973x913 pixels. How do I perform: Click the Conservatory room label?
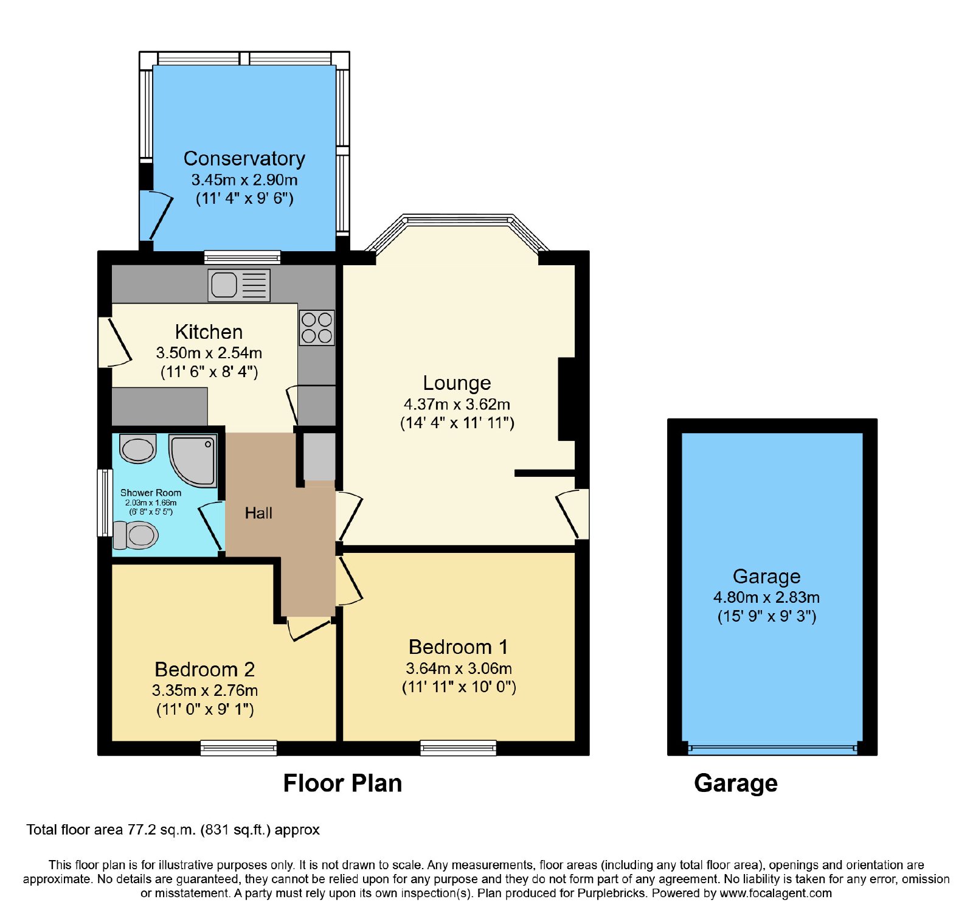(244, 158)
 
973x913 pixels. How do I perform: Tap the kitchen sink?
(239, 285)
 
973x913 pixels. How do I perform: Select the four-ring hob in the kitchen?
(317, 328)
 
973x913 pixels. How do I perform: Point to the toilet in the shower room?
(136, 535)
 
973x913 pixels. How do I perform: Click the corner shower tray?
(193, 460)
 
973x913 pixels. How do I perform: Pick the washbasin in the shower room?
(138, 449)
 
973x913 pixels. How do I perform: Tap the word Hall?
(258, 513)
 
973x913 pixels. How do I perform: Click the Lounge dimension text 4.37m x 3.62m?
(457, 404)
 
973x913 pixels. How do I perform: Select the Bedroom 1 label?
(459, 647)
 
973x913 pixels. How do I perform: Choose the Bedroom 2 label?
(205, 669)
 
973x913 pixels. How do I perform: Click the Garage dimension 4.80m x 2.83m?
(766, 597)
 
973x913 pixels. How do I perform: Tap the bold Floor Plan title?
(342, 783)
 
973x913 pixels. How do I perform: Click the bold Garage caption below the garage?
(736, 784)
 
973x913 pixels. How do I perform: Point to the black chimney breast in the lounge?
(567, 399)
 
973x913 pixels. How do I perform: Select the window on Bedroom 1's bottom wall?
(459, 748)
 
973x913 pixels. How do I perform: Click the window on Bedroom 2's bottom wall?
(239, 748)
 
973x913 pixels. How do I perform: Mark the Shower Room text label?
(151, 493)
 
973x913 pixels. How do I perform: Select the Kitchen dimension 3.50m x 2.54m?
(209, 353)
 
